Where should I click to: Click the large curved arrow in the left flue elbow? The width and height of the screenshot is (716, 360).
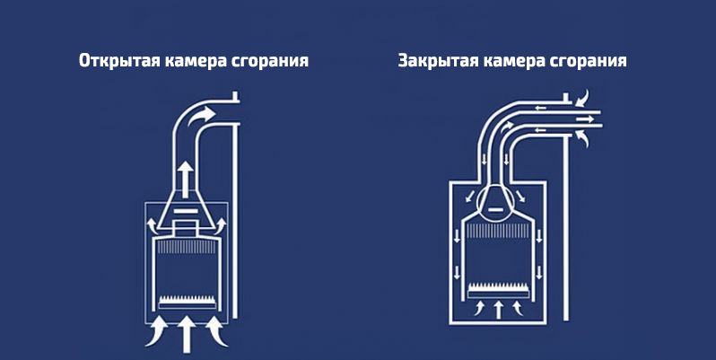point(201,116)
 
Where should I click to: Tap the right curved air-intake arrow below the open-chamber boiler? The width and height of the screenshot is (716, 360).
point(216,331)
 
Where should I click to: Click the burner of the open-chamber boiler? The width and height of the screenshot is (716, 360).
point(187,301)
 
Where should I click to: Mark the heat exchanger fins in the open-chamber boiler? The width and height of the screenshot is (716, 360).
point(187,247)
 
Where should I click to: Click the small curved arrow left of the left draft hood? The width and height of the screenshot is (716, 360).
point(152,224)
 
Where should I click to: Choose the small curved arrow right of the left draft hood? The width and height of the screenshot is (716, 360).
point(221,224)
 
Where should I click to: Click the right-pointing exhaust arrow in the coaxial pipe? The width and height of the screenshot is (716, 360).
point(585,119)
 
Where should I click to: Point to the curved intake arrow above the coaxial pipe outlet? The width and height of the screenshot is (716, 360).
point(581,99)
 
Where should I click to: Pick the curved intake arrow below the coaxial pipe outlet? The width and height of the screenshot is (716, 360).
point(581,138)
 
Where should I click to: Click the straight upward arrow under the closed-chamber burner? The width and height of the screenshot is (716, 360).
point(499,310)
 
